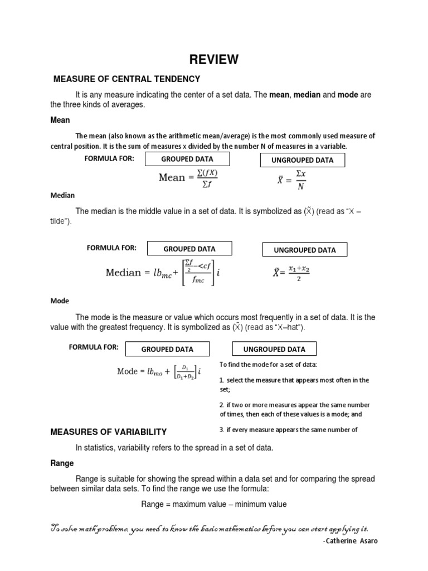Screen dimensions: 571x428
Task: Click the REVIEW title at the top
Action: coord(214,59)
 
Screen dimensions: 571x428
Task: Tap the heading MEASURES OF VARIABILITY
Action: coord(109,432)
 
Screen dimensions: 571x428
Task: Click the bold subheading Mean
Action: coord(60,120)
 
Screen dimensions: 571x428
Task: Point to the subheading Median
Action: coord(62,195)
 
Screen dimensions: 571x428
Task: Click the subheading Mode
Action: coord(60,301)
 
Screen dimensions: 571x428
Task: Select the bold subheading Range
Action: coord(62,463)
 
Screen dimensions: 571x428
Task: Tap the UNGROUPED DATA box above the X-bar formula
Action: coord(303,160)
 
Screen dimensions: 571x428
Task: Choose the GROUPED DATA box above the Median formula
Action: coord(189,249)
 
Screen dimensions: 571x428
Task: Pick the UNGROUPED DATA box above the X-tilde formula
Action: coord(305,250)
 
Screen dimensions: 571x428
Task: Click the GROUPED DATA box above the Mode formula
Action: coord(167,349)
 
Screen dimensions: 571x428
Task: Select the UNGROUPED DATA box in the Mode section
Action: coord(274,349)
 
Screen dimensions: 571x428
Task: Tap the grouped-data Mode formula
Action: coord(159,371)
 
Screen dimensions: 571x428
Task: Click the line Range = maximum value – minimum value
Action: coord(214,504)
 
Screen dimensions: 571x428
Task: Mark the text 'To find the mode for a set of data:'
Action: coord(268,364)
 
